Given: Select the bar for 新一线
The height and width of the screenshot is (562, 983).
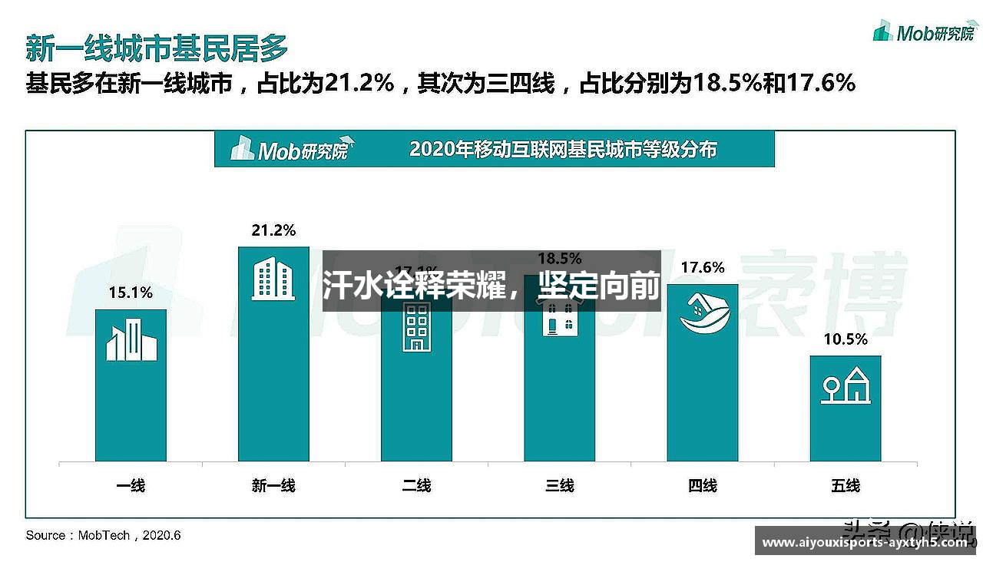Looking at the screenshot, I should pyautogui.click(x=273, y=384).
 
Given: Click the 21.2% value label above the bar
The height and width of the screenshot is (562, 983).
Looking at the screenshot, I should pyautogui.click(x=273, y=230).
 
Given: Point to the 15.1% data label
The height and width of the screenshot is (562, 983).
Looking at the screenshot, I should pyautogui.click(x=131, y=293).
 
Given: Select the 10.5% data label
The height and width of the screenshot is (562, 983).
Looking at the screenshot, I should pyautogui.click(x=845, y=339).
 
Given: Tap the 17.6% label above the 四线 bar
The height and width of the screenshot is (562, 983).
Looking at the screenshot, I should pyautogui.click(x=702, y=267).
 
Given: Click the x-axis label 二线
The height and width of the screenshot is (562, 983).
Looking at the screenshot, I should pyautogui.click(x=416, y=485).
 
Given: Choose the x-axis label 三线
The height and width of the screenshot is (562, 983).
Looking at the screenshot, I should pyautogui.click(x=559, y=485).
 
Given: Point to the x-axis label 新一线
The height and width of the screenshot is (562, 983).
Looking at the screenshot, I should pyautogui.click(x=273, y=485).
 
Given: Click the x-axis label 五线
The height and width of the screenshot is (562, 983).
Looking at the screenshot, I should pyautogui.click(x=845, y=485).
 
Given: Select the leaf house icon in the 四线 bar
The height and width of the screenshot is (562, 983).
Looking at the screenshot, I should pyautogui.click(x=702, y=313).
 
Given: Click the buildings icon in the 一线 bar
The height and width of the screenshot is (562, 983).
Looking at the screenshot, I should pyautogui.click(x=131, y=341).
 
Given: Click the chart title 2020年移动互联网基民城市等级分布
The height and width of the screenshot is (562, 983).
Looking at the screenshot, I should pyautogui.click(x=563, y=149).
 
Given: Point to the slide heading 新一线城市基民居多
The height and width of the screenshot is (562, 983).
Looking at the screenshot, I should pyautogui.click(x=157, y=48).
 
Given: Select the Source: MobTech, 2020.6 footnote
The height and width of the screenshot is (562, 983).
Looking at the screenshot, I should pyautogui.click(x=103, y=535).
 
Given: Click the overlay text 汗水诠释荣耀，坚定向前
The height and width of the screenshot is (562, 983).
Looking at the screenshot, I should pyautogui.click(x=491, y=286).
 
